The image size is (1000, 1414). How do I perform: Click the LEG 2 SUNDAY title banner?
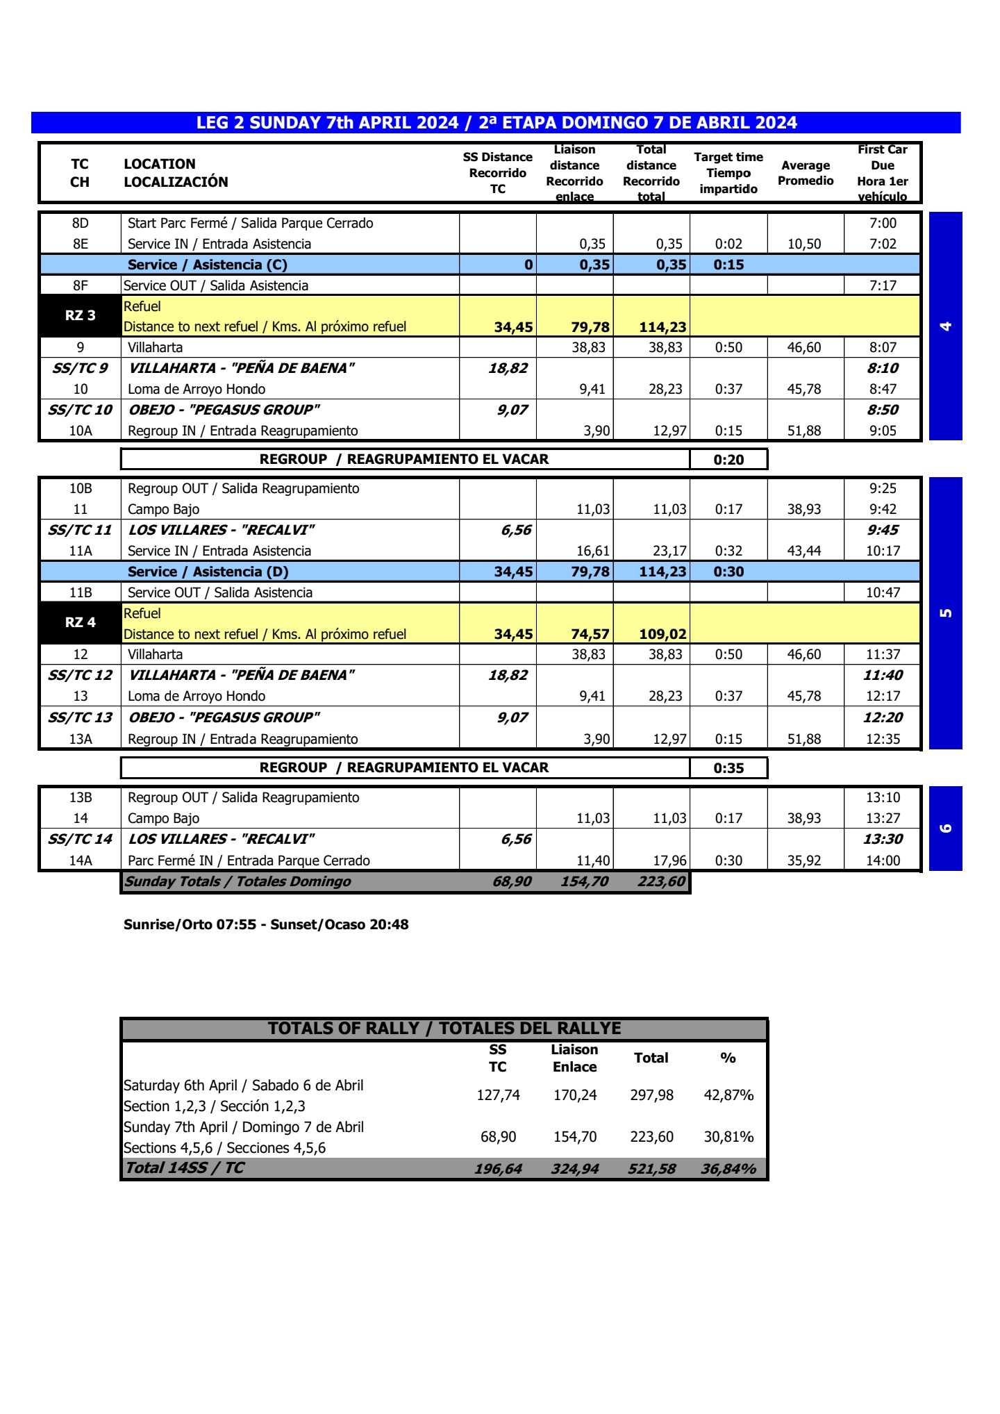496,123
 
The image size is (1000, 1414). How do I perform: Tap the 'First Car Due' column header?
882,173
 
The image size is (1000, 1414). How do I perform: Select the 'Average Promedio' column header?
806,173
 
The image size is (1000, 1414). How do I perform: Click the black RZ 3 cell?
81,316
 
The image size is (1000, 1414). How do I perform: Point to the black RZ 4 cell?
81,623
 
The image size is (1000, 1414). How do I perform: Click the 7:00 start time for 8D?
883,223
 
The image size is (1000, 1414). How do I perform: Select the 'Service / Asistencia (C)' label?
207,265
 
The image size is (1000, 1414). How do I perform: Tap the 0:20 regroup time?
728,460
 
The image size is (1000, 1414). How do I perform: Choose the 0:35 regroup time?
728,768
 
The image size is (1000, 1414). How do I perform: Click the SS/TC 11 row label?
80,530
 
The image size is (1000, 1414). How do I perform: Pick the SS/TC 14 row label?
80,839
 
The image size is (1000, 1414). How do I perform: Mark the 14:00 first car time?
883,860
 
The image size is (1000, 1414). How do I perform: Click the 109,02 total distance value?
662,634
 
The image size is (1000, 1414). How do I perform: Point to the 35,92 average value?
804,860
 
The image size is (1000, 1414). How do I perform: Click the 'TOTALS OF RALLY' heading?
444,1029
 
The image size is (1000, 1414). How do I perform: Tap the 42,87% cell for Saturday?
728,1095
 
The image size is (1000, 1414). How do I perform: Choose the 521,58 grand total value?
651,1169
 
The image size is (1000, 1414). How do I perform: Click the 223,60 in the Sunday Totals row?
661,881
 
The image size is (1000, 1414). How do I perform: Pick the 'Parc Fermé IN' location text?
249,860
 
